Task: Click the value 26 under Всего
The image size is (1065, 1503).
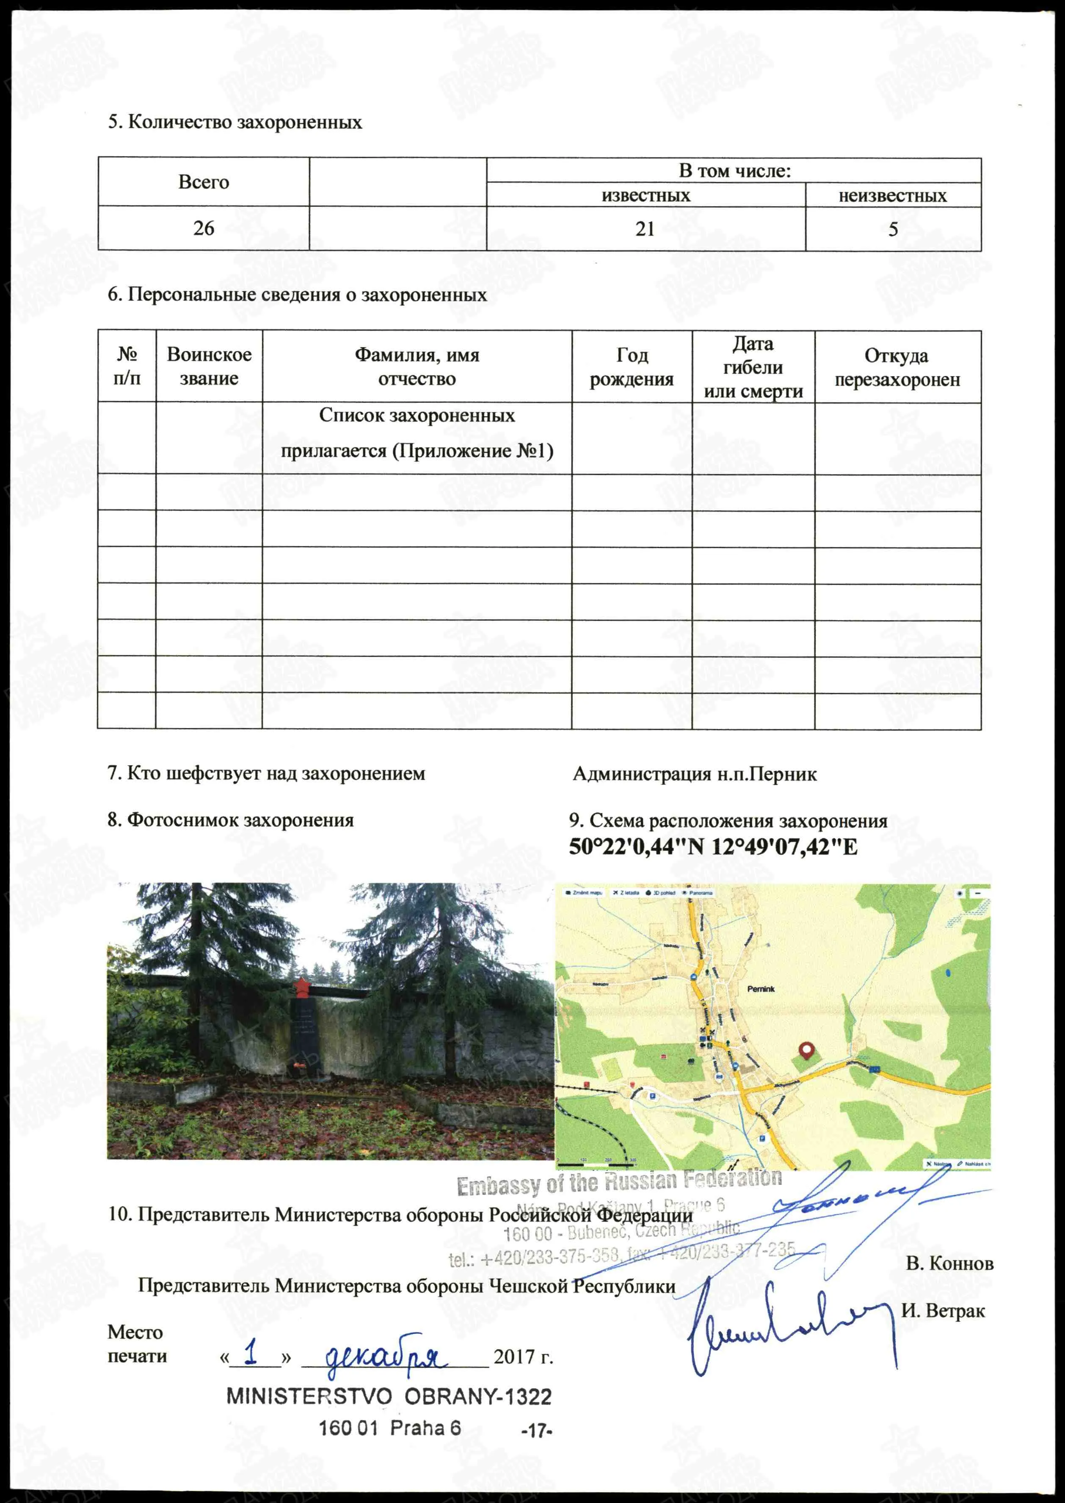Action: pyautogui.click(x=203, y=228)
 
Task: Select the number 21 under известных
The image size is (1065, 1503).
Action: pyautogui.click(x=645, y=229)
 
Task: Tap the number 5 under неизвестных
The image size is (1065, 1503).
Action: pyautogui.click(x=893, y=229)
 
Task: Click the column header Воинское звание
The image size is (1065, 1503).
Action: pyautogui.click(x=209, y=366)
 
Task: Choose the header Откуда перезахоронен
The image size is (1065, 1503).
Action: pyautogui.click(x=897, y=367)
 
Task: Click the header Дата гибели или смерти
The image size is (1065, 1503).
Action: pyautogui.click(x=753, y=367)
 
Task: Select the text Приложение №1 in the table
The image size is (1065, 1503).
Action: pyautogui.click(x=472, y=451)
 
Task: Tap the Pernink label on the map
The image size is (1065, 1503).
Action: pyautogui.click(x=761, y=989)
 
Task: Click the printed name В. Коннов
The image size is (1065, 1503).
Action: pyautogui.click(x=949, y=1264)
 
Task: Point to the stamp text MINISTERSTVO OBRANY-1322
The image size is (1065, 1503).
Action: pyautogui.click(x=389, y=1397)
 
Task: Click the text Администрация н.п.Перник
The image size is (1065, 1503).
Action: pyautogui.click(x=695, y=775)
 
